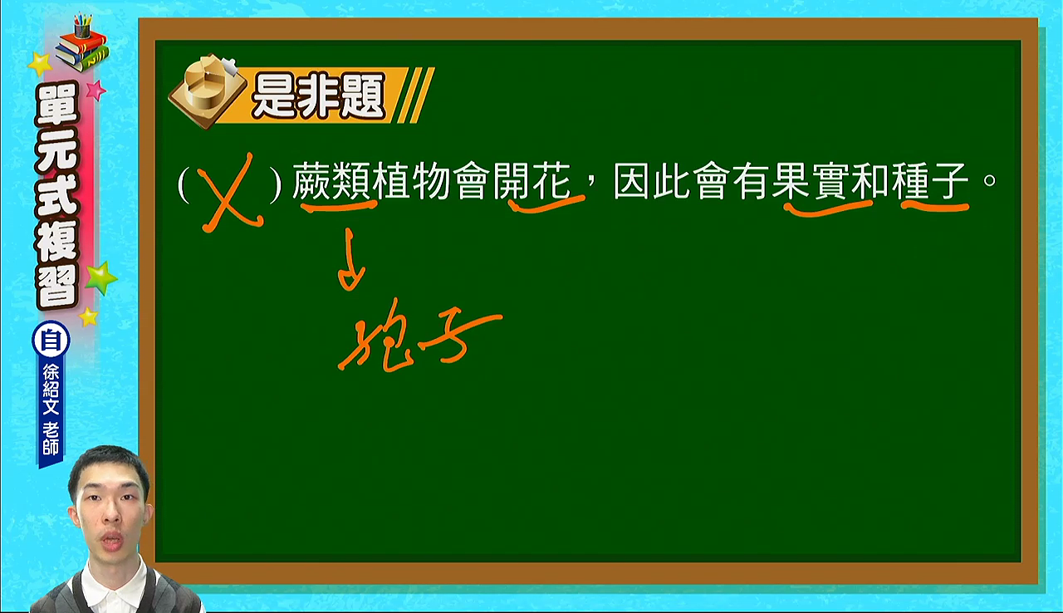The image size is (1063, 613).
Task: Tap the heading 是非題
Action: pos(318,96)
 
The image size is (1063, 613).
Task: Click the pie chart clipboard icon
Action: pos(207,91)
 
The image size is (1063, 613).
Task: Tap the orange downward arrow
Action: pos(351,259)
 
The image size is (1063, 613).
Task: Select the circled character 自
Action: pos(51,341)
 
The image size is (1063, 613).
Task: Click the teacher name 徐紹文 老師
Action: pos(51,409)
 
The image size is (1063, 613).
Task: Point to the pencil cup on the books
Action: pos(82,26)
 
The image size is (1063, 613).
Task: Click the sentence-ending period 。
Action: pos(990,181)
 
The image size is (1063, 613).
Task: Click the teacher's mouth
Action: pos(112,541)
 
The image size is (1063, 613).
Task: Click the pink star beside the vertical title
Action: pos(96,90)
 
